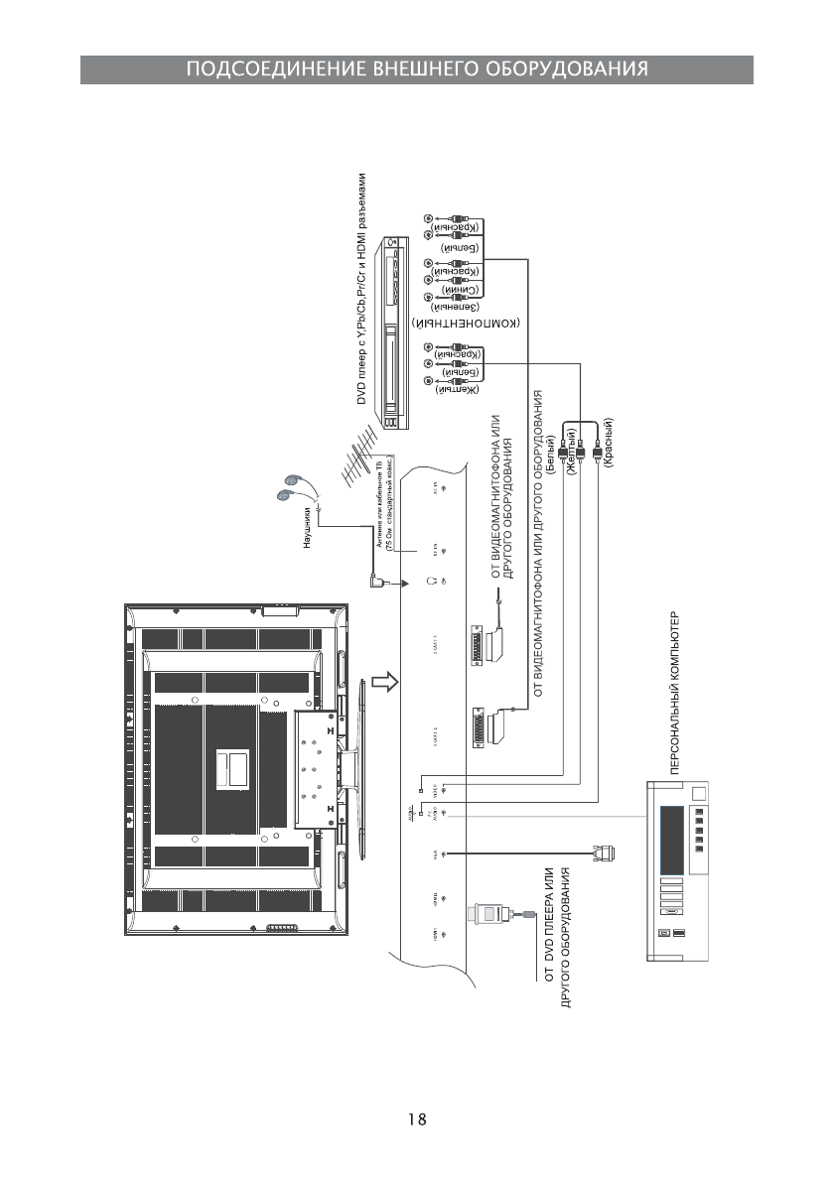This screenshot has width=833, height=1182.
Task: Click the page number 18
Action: click(x=416, y=1119)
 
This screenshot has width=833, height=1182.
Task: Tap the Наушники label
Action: click(x=309, y=527)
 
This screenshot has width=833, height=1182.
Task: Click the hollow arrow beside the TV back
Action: click(x=384, y=682)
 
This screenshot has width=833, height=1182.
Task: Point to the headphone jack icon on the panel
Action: click(x=434, y=580)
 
